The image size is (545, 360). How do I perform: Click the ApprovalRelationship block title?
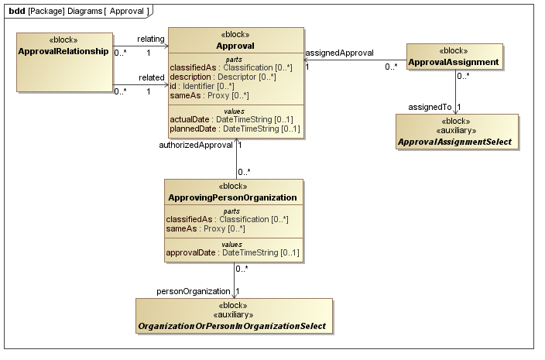tap(63, 51)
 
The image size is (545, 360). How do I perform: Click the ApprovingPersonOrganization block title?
tap(233, 197)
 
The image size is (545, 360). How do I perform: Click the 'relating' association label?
tap(150, 39)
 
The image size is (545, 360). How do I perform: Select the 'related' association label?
tap(151, 77)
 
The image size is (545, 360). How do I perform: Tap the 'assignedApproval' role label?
tap(340, 53)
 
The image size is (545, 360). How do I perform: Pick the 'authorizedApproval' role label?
tap(195, 145)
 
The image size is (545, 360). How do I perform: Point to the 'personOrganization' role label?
tap(194, 291)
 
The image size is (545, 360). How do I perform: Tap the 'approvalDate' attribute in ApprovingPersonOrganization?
tap(233, 252)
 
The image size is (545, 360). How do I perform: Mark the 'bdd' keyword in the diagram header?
tap(16, 11)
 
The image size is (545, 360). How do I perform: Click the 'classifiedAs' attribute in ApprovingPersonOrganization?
tap(228, 219)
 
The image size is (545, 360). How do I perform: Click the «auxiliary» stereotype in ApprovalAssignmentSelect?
tap(455, 132)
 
